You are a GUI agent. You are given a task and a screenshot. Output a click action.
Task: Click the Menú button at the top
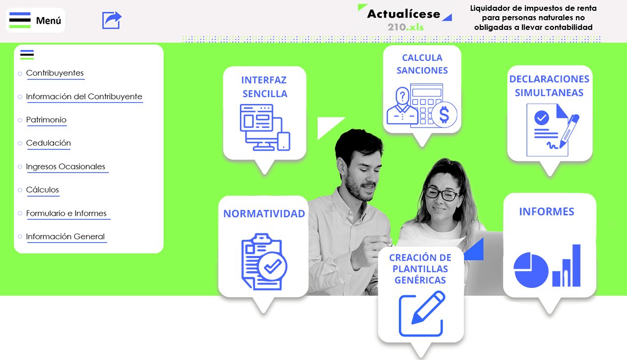[35, 20]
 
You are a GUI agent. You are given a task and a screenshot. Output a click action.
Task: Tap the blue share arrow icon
[112, 20]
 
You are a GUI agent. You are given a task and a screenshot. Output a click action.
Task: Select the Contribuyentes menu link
[55, 73]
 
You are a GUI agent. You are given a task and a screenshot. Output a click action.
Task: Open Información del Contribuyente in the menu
[84, 97]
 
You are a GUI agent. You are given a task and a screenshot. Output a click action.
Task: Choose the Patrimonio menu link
[46, 120]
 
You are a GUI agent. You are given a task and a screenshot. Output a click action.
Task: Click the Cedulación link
[49, 143]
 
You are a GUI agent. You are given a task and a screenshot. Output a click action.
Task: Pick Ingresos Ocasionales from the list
[66, 166]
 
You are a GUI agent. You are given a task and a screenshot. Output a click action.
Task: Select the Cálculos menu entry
[42, 190]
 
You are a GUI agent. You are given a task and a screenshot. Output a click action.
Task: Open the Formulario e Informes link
[66, 213]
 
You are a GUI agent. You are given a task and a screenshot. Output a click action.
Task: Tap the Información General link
[65, 236]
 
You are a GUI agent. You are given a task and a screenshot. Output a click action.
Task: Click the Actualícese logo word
[404, 14]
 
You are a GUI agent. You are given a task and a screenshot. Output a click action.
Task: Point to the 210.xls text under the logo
[406, 27]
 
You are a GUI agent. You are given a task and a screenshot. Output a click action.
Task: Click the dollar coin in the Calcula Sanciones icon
[444, 115]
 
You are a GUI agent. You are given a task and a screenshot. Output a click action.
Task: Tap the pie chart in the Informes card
[531, 270]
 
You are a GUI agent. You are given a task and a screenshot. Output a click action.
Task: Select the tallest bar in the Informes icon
[576, 265]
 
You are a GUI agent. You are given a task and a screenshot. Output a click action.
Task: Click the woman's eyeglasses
[443, 194]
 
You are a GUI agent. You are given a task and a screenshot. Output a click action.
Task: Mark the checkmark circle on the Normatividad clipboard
[273, 266]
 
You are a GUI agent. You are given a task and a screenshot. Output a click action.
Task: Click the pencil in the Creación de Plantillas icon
[428, 307]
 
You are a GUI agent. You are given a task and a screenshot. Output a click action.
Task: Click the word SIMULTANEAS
[549, 93]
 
